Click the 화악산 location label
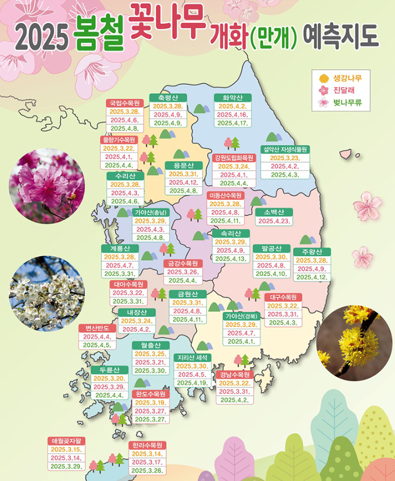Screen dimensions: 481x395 click(233, 97)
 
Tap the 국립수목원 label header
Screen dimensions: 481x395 click(124, 103)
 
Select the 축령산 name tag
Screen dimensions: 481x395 click(168, 97)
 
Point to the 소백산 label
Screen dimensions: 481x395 click(273, 212)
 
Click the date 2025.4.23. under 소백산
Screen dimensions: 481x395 click(273, 221)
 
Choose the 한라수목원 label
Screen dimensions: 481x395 click(148, 445)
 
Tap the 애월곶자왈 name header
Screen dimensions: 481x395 click(67, 441)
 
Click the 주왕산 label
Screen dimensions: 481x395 click(312, 251)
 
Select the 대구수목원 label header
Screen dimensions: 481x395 click(283, 297)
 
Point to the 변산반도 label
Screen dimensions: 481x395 click(97, 328)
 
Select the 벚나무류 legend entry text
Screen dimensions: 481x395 click(347, 103)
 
